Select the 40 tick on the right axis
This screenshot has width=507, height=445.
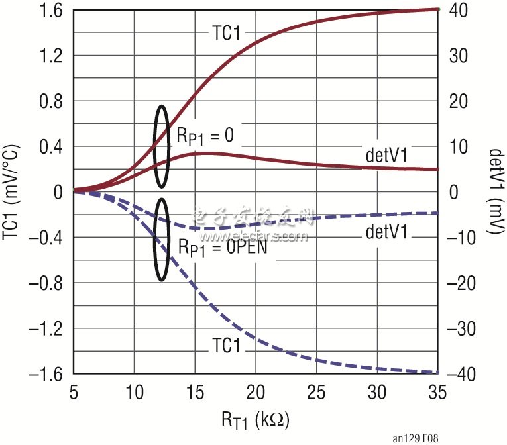pyautogui.click(x=459, y=11)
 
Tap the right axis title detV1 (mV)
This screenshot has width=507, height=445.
pyautogui.click(x=493, y=192)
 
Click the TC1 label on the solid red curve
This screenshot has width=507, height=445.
pyautogui.click(x=226, y=33)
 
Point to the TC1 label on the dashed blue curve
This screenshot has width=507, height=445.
pyautogui.click(x=226, y=344)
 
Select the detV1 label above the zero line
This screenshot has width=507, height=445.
pyautogui.click(x=386, y=154)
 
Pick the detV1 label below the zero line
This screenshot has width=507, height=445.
pyautogui.click(x=386, y=232)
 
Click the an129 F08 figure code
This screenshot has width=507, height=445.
pyautogui.click(x=415, y=438)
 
